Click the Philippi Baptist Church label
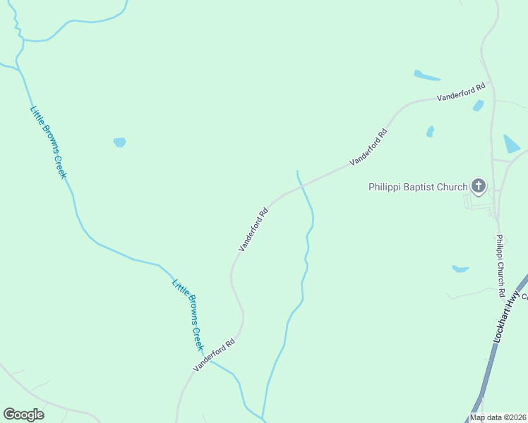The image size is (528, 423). (x=418, y=187)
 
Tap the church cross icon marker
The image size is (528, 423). (x=479, y=186)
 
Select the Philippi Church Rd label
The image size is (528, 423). (x=500, y=265)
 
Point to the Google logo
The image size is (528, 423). (x=23, y=415)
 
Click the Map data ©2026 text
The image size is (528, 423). (x=498, y=417)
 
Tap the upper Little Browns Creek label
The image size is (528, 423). (x=47, y=142)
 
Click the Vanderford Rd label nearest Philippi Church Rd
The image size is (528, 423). (x=462, y=92)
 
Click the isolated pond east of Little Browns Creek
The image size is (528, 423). (x=119, y=142)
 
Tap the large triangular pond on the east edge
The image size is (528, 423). (x=511, y=144)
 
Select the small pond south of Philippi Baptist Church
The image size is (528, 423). (x=460, y=269)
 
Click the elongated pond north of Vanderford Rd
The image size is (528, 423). (x=427, y=75)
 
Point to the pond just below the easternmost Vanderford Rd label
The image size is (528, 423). (x=479, y=106)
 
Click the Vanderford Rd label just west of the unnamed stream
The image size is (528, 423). (x=254, y=229)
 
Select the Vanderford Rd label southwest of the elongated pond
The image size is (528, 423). (x=368, y=147)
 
